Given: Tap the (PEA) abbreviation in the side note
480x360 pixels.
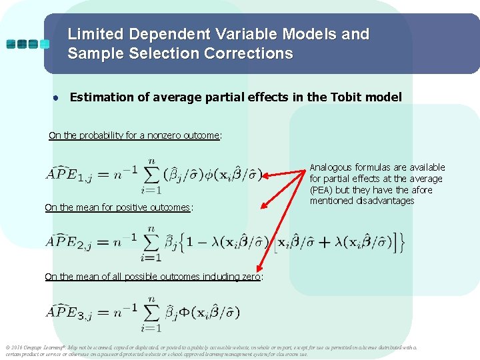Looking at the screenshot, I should click(x=322, y=190).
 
